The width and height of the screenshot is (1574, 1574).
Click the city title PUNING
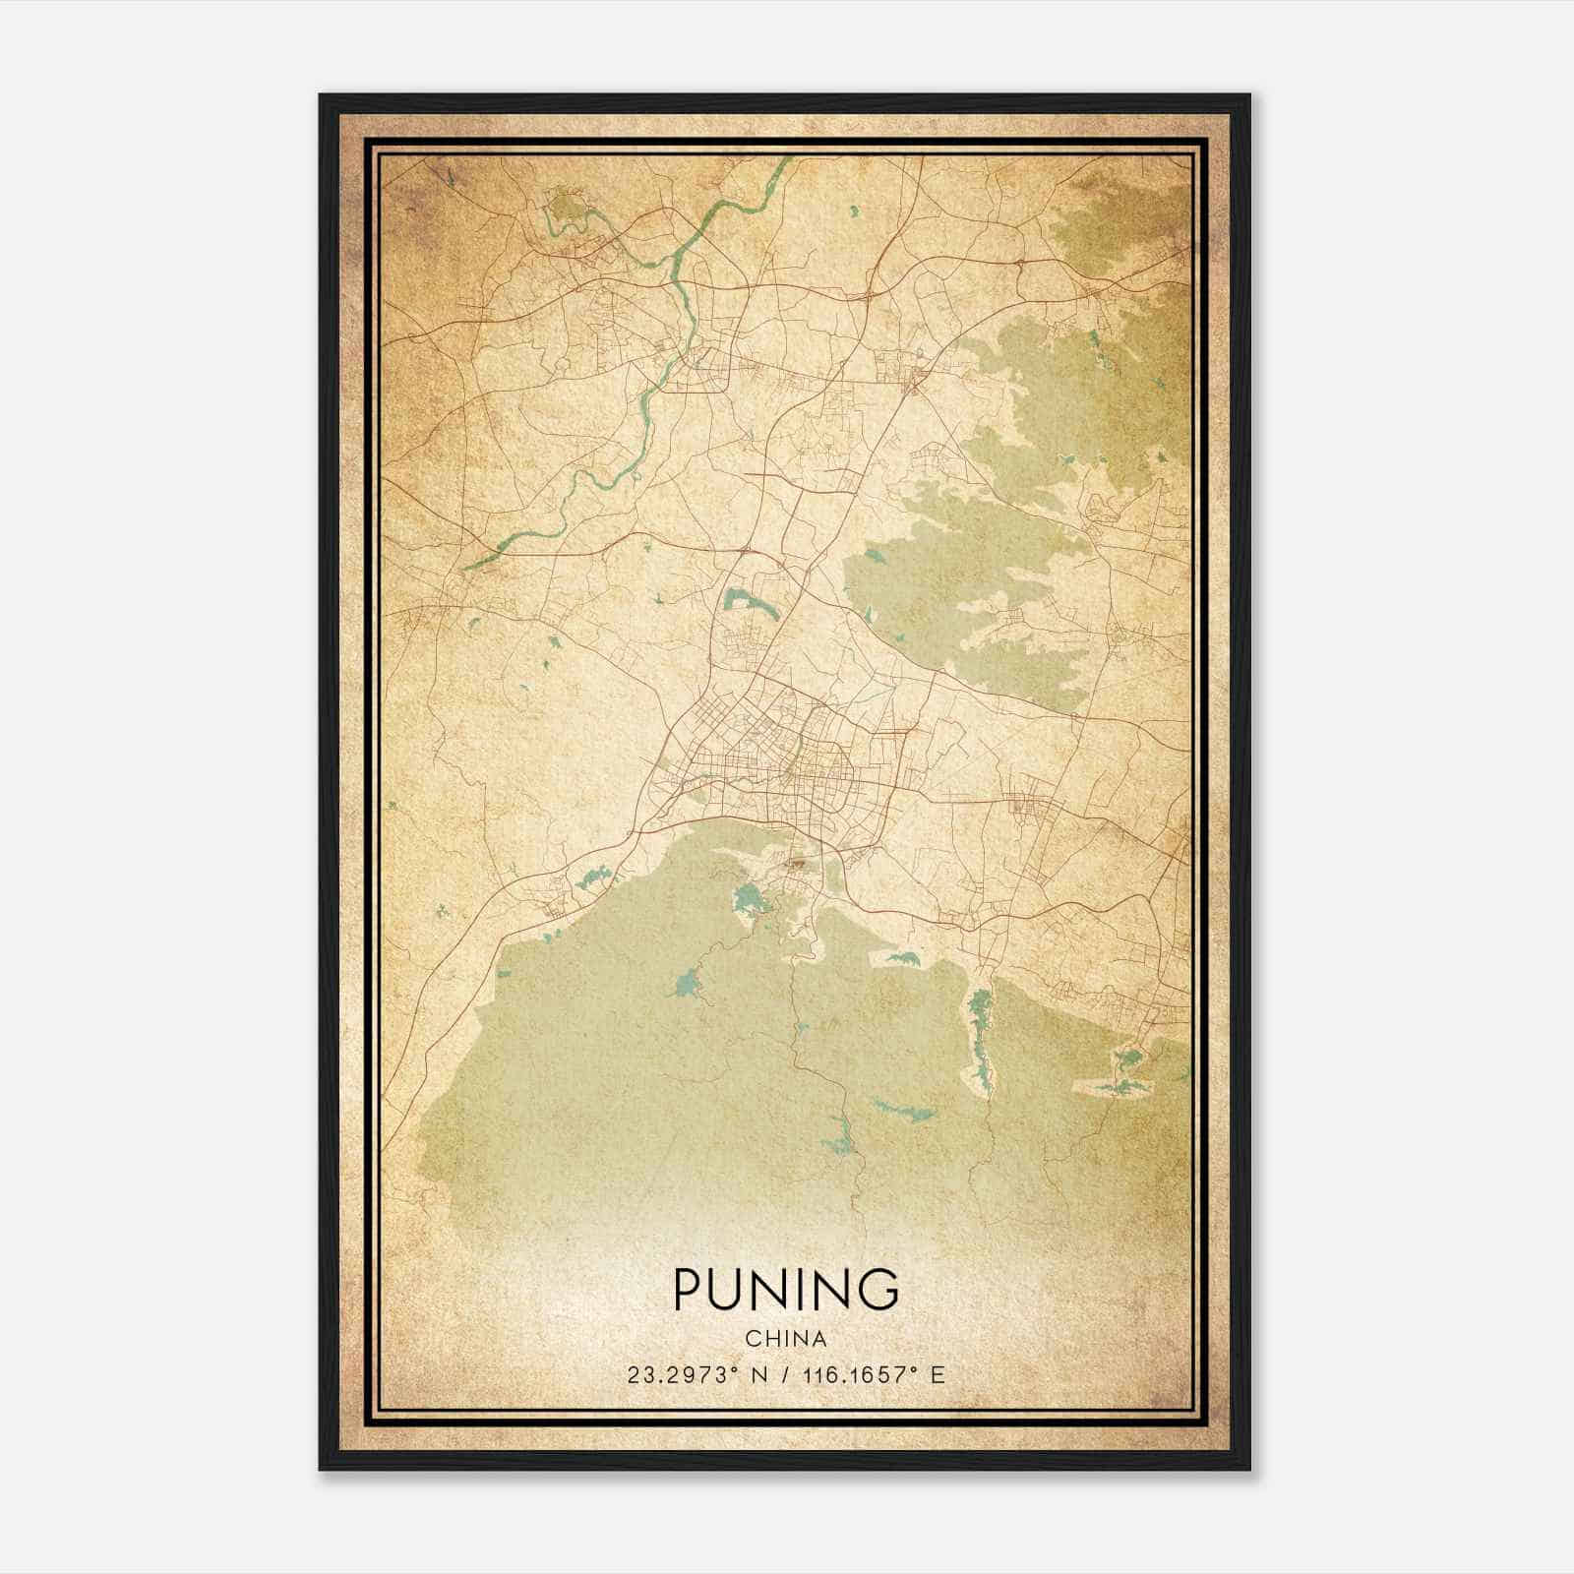pos(786,1290)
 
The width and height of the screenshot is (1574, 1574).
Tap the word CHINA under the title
pos(786,1339)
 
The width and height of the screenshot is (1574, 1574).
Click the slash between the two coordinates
pos(784,1375)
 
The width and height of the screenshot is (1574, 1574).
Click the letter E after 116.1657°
pos(938,1375)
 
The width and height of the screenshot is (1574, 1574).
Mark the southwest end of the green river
pos(466,568)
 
